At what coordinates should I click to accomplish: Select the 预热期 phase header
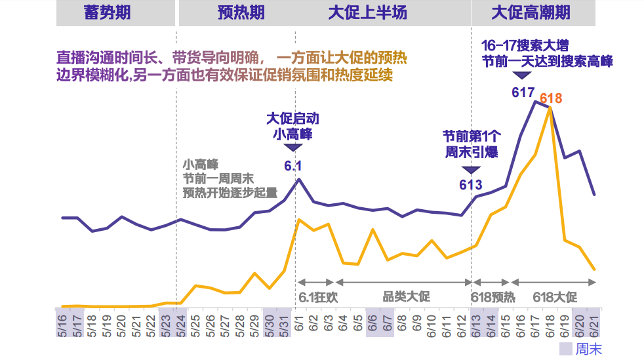(x=241, y=12)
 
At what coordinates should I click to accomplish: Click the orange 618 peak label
(x=551, y=99)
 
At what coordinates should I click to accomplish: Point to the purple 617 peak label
(x=523, y=92)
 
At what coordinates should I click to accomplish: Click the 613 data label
(x=471, y=185)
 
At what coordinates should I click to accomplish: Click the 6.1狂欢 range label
(x=318, y=296)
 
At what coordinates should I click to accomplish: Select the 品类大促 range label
(x=406, y=296)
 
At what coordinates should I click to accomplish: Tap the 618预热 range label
(x=493, y=296)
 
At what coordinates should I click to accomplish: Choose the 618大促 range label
(x=554, y=296)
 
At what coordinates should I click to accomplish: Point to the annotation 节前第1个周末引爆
(x=471, y=144)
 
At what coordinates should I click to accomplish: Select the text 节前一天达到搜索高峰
(x=547, y=61)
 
